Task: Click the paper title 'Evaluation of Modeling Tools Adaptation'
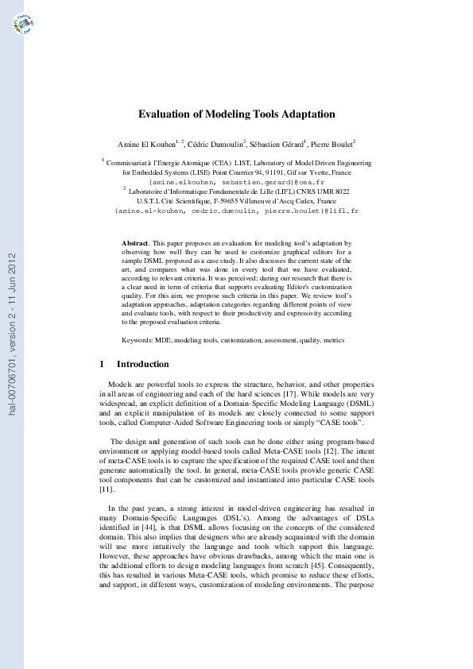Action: pyautogui.click(x=237, y=114)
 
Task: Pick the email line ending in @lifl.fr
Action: pyautogui.click(x=237, y=211)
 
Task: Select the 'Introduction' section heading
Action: pyautogui.click(x=143, y=364)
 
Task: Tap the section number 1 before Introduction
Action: pyautogui.click(x=103, y=364)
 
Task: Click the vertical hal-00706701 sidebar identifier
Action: pyautogui.click(x=12, y=334)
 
